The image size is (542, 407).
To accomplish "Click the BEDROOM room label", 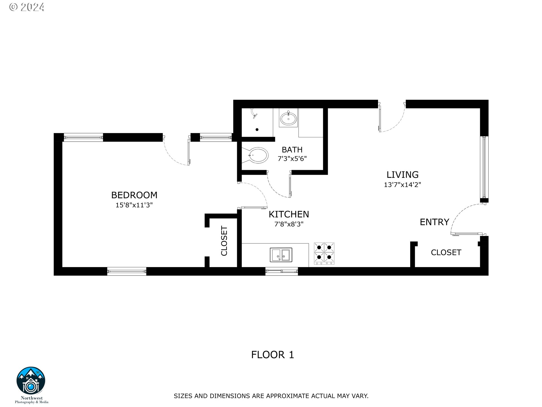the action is (134, 195).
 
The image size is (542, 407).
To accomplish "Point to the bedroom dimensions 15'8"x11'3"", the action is (134, 205).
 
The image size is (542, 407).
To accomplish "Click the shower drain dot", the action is (257, 130).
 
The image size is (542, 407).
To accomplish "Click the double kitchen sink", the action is (281, 255).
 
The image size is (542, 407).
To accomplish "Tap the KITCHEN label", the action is (289, 214).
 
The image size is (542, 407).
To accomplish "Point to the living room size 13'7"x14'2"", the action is (402, 185).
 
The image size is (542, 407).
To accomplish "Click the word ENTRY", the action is (434, 222).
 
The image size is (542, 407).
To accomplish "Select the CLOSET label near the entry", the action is (446, 252).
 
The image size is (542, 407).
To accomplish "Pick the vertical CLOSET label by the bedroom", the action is (224, 241).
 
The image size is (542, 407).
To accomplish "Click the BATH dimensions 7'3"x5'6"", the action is (292, 159).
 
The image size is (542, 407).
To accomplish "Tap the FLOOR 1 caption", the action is (272, 355).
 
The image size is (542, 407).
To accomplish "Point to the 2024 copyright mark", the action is (27, 7).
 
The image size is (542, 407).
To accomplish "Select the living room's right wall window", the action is (484, 167).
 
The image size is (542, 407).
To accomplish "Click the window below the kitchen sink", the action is (281, 271).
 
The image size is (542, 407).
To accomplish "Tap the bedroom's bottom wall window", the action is (127, 271).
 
